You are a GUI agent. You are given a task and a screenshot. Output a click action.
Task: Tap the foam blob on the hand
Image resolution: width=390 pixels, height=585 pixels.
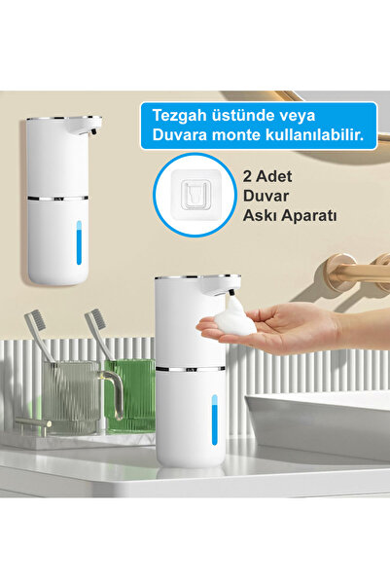[235, 319]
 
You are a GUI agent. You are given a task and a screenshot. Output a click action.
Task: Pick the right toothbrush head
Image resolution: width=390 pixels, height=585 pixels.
[95, 322]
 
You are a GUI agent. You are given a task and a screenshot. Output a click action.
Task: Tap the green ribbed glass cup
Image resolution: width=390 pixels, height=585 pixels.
[130, 395]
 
